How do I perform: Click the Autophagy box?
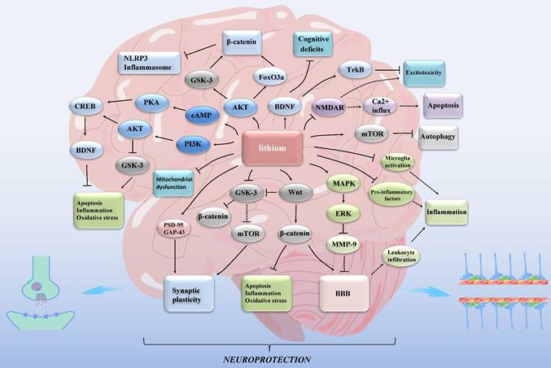(439, 136)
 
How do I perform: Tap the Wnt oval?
(295, 194)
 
